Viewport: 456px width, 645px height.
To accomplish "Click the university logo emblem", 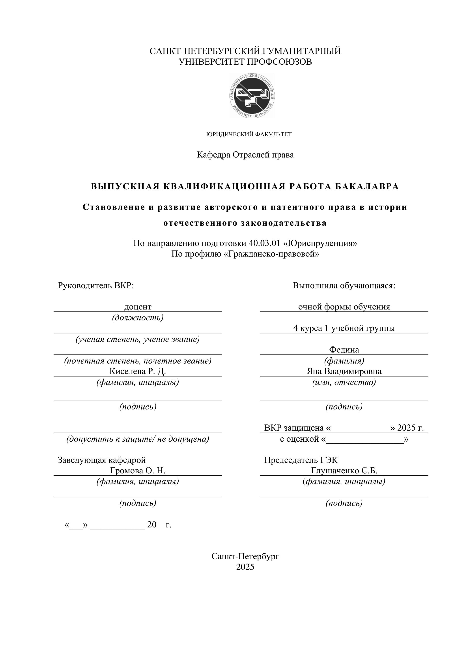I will (252, 96).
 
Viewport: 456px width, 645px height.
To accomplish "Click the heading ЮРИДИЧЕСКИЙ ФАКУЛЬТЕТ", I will (249, 135).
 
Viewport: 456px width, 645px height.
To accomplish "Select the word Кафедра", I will (213, 155).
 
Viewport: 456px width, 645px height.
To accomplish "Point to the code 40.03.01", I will (265, 243).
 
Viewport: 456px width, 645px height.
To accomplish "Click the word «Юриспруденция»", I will (323, 243).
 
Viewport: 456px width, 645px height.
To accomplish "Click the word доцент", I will (138, 307).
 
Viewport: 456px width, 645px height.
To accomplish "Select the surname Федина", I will (344, 350).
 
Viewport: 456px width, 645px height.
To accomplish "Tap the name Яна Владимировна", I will (344, 371).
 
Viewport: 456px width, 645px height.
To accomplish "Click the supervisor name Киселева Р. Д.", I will (138, 371).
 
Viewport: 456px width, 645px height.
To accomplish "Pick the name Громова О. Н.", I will (138, 471).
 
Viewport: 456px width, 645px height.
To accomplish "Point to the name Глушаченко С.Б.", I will (344, 471).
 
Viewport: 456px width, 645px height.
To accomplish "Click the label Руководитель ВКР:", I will (96, 286).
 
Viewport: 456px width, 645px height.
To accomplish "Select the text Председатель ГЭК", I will (301, 460).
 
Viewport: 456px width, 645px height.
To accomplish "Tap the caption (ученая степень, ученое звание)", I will (138, 339).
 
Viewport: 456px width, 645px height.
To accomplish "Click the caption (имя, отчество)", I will (344, 382).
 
